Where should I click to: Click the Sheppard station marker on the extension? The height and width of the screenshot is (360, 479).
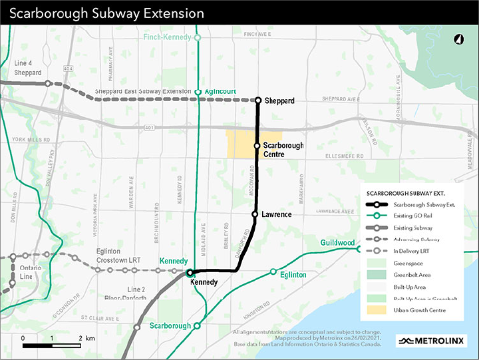pyautogui.click(x=258, y=100)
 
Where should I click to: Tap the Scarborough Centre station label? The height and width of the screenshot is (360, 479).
pyautogui.click(x=283, y=150)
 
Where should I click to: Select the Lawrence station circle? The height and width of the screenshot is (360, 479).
pyautogui.click(x=255, y=214)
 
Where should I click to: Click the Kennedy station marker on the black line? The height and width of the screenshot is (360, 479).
pyautogui.click(x=189, y=272)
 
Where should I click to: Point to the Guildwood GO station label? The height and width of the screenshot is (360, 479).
pyautogui.click(x=337, y=243)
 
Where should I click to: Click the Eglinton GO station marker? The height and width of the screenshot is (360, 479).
pyautogui.click(x=273, y=271)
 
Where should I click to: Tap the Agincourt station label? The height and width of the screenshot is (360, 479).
pyautogui.click(x=222, y=92)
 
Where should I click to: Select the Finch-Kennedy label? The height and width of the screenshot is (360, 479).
pyautogui.click(x=168, y=38)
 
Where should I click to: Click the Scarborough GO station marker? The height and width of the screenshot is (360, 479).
pyautogui.click(x=197, y=325)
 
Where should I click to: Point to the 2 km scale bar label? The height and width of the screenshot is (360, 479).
pyautogui.click(x=84, y=339)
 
